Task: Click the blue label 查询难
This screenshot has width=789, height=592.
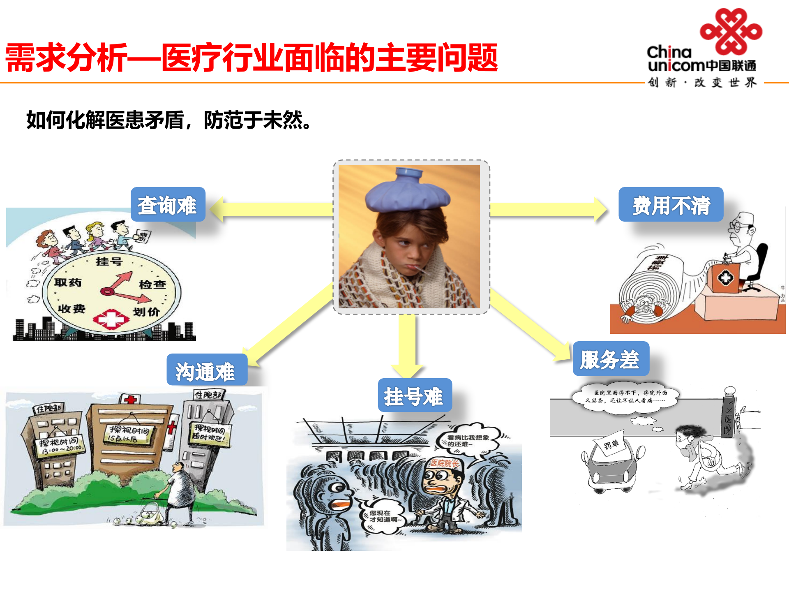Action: point(168,205)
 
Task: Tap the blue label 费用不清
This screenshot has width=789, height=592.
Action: point(671,205)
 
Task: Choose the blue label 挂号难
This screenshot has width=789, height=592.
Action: point(414,395)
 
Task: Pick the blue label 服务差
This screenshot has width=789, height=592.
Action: point(611,359)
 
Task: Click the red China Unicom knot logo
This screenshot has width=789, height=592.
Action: point(731,31)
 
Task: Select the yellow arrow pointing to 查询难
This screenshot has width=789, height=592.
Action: point(271,209)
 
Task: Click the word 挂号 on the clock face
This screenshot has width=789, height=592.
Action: point(109,261)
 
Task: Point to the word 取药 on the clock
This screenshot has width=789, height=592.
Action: point(68,282)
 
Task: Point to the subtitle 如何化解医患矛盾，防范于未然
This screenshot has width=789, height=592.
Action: point(168,120)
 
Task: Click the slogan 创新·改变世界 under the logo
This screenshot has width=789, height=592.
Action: point(702,83)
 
